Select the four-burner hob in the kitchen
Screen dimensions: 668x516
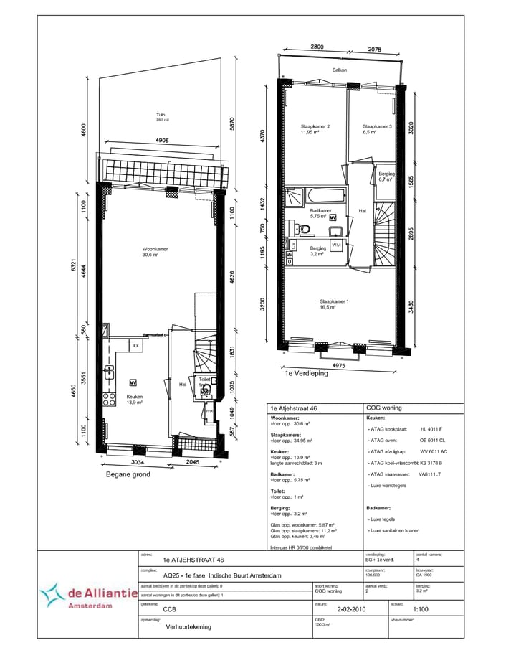tap(110, 399)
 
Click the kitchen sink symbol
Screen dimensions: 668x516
tap(110, 371)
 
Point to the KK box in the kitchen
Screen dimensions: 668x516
tap(135, 346)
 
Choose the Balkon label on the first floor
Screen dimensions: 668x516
tap(340, 70)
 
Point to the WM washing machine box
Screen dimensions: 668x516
tap(336, 245)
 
